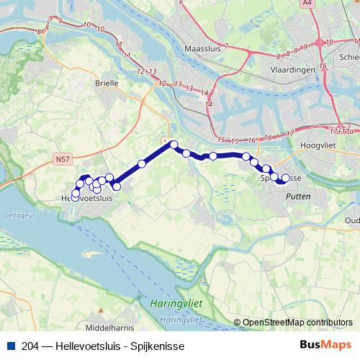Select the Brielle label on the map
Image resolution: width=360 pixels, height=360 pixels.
coord(107,83)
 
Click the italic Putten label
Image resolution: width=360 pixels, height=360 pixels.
coord(298,195)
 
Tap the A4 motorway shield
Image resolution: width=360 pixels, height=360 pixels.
coord(308,4)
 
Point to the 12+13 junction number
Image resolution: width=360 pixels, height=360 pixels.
coord(147,71)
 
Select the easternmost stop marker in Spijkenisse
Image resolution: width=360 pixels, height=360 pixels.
coord(286,178)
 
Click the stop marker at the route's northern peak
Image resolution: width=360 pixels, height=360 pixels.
coord(174,145)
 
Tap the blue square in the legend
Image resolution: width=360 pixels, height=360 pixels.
coord(9,346)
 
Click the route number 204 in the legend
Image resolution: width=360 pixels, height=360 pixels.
coord(31,346)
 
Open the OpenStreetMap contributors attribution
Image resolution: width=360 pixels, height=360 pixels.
coord(297,323)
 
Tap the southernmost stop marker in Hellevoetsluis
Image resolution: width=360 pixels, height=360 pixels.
coord(75,197)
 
